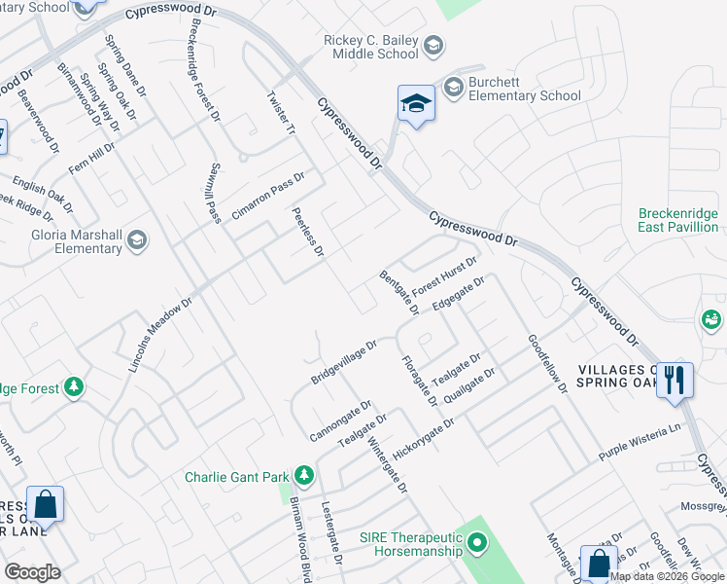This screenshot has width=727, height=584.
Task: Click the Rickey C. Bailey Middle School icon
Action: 433,46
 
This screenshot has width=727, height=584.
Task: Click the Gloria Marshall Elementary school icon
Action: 137,240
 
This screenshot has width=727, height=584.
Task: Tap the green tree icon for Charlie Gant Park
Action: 304,475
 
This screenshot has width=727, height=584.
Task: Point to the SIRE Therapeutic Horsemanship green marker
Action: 476,542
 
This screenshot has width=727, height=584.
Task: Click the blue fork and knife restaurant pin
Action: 675,381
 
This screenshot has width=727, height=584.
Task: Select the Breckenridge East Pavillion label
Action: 678,220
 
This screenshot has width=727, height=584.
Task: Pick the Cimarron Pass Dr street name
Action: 268,196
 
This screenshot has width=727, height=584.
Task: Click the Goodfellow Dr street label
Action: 547,364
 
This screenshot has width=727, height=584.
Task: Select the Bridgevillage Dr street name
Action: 344,361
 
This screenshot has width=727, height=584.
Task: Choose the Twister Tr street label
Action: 281,114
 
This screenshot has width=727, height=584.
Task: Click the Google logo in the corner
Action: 32,571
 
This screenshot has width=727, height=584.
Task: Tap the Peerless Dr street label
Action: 307,232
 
